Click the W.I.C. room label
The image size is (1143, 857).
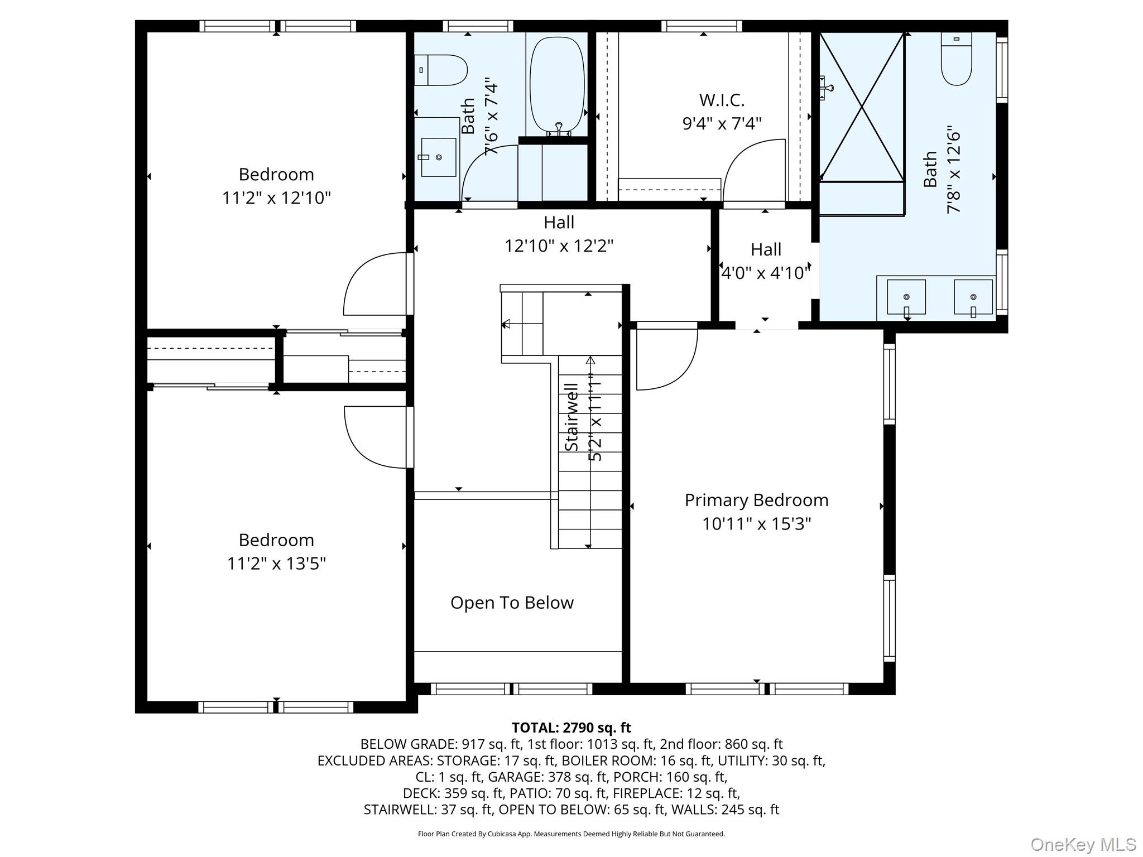722,100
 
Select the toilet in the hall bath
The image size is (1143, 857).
440,70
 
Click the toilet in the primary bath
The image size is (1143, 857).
956,59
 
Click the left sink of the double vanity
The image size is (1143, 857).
906,297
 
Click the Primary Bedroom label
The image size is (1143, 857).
756,500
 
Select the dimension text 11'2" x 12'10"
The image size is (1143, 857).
276,198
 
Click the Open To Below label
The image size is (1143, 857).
512,603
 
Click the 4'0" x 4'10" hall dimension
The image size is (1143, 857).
765,273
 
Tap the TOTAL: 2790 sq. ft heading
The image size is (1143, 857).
571,728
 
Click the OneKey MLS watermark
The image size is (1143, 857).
1083,844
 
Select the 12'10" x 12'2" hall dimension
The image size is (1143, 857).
559,246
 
